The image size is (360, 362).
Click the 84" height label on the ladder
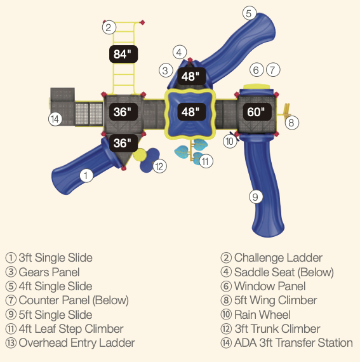(x=123, y=54)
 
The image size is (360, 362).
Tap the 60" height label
(x=257, y=112)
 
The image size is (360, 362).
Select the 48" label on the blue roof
(x=192, y=112)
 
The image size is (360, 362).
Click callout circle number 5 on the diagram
(x=250, y=13)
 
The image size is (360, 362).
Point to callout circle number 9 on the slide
(x=256, y=197)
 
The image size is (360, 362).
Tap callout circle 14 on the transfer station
(x=55, y=119)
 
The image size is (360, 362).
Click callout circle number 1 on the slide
(x=86, y=175)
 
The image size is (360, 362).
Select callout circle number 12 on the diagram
(x=159, y=166)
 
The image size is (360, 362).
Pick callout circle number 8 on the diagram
(x=292, y=123)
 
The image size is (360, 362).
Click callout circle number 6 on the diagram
(x=257, y=70)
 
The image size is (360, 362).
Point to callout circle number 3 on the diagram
(x=166, y=70)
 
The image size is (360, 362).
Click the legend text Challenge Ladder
(x=278, y=258)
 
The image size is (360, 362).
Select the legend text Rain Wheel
(x=262, y=314)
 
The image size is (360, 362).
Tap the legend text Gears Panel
(x=49, y=272)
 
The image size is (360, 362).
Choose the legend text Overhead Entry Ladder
(x=77, y=343)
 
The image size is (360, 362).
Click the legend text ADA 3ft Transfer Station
(x=293, y=343)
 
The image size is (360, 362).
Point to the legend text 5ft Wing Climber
(x=276, y=300)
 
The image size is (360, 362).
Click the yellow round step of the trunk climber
(x=140, y=155)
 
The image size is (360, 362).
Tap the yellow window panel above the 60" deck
(x=257, y=86)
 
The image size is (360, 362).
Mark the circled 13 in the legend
(x=11, y=343)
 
